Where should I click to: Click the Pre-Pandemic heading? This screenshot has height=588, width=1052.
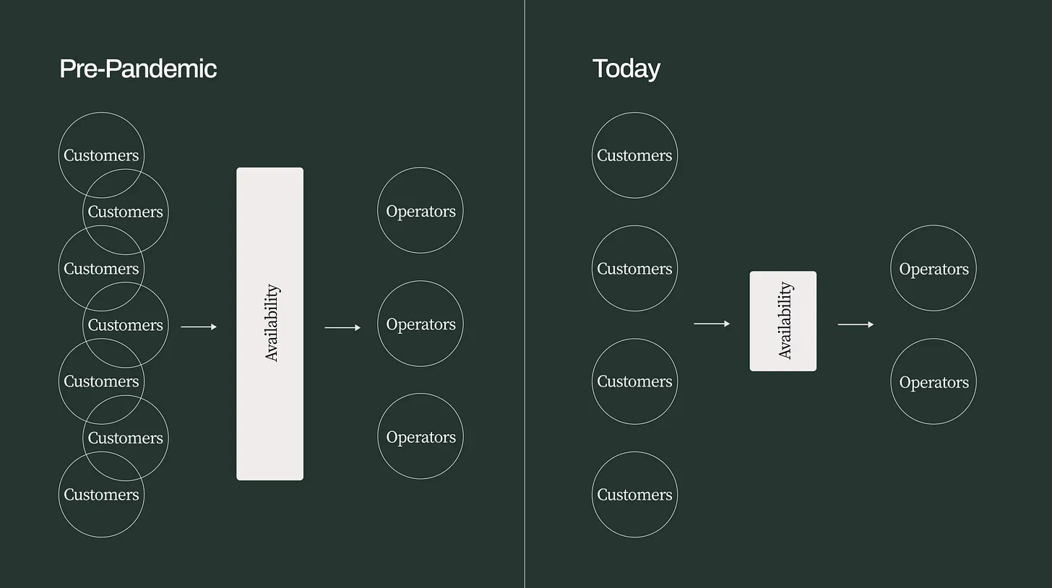[x=137, y=69]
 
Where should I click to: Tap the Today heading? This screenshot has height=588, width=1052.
[x=626, y=69]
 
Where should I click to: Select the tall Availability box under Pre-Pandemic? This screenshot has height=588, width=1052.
[x=270, y=324]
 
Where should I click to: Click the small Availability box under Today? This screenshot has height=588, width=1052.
[x=782, y=321]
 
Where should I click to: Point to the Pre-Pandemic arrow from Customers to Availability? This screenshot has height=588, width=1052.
[x=199, y=327]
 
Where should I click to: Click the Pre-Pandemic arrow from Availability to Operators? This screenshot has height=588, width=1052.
[x=342, y=328]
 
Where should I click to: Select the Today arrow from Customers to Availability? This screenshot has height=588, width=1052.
[x=712, y=324]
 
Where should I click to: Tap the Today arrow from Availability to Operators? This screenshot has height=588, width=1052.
[x=855, y=324]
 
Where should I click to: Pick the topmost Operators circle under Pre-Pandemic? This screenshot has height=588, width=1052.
[x=420, y=211]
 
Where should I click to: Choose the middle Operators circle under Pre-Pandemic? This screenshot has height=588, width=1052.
[x=420, y=324]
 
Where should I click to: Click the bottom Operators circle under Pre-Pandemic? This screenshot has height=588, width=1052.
[x=420, y=437]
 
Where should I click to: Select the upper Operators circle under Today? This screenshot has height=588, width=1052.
[x=933, y=269]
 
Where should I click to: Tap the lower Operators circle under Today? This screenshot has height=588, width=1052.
[x=933, y=382]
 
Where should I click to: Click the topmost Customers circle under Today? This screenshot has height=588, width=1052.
[x=634, y=155]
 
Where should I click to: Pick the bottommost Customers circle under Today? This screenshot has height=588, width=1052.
[x=634, y=495]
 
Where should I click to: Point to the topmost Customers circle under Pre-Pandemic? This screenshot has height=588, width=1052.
[x=101, y=144]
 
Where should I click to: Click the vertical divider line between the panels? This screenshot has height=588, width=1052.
[x=525, y=294]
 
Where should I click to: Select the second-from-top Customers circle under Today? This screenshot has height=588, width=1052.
[x=634, y=269]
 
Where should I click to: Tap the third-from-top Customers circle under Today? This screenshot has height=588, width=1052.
[x=634, y=381]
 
